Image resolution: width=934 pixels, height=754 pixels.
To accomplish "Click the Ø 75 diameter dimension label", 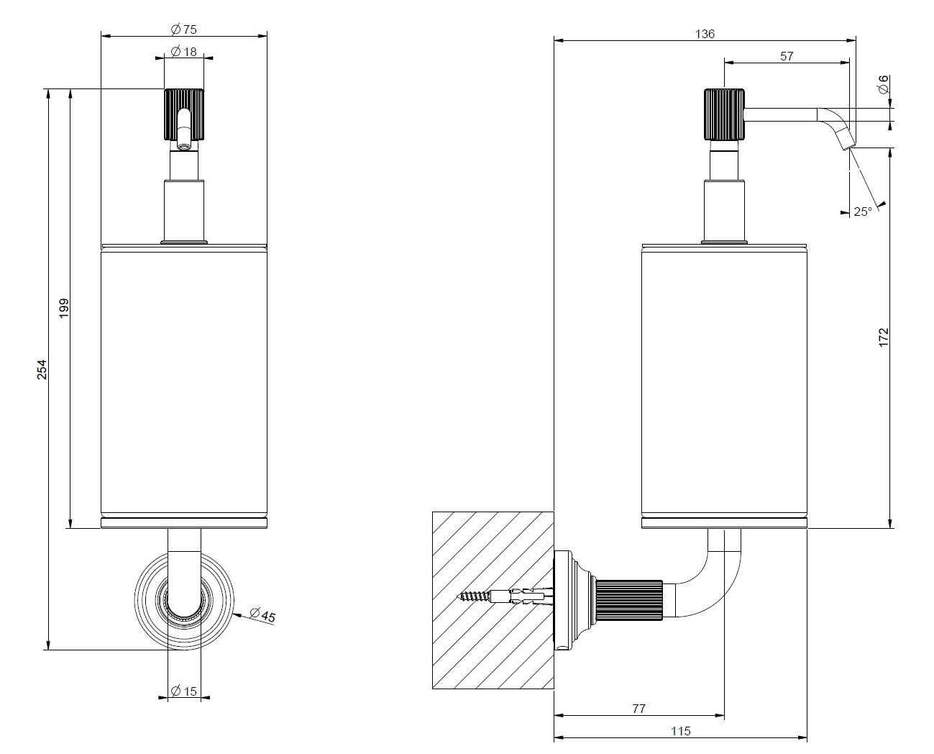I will click(x=184, y=29).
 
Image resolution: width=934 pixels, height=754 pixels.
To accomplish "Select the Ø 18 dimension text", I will click(x=184, y=52).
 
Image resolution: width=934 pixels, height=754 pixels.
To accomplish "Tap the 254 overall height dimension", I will click(x=42, y=369).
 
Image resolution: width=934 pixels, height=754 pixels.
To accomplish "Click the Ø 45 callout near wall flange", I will click(x=262, y=615).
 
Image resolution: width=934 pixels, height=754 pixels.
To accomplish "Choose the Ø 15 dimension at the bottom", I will click(x=184, y=691).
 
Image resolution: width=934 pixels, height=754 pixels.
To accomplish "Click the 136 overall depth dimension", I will click(x=705, y=34).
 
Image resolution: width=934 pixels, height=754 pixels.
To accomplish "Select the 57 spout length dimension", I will click(x=787, y=56).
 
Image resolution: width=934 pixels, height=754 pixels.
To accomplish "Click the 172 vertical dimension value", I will click(x=884, y=337).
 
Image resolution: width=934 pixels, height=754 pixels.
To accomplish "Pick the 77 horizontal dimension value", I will click(x=638, y=709).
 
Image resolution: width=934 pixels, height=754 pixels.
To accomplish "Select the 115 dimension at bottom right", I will click(x=680, y=731).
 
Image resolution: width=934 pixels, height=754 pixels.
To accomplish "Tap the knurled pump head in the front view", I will click(x=184, y=115).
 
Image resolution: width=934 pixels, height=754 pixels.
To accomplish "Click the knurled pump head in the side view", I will click(x=723, y=114).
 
